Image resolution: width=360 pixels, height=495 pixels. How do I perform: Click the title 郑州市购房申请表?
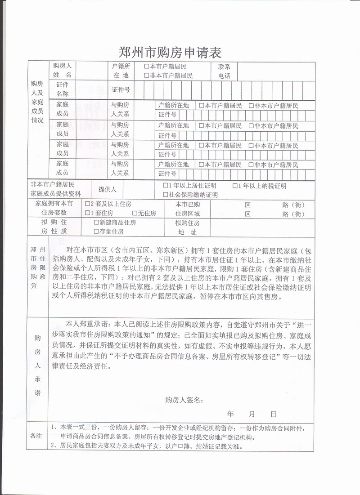point(170,52)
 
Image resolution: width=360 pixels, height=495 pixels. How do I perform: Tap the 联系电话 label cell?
point(224,71)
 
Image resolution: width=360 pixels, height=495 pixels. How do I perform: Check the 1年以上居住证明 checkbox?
point(165,186)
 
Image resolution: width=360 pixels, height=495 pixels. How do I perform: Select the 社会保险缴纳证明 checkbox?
point(165,195)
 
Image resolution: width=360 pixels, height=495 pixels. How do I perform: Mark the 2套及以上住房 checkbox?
point(88,204)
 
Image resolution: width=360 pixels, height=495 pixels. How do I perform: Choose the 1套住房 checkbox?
point(88,213)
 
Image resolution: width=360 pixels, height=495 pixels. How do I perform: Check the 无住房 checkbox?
point(135,213)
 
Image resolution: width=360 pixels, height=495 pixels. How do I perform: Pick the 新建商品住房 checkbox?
point(96,222)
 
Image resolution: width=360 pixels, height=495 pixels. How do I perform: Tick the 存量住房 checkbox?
point(96,232)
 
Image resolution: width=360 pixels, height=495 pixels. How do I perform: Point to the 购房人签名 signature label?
point(184,400)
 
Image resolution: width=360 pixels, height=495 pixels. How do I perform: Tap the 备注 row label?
point(36,436)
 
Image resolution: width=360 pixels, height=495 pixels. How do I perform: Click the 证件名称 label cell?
point(63,89)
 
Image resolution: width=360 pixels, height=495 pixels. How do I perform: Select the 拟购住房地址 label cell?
point(187,227)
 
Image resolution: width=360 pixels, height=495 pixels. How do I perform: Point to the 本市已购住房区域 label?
point(187,208)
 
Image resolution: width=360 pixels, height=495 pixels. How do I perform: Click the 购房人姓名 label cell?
point(63,71)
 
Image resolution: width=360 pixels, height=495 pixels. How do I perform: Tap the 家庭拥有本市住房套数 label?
point(54,208)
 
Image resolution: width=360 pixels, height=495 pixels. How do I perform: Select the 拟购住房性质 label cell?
point(54,227)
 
